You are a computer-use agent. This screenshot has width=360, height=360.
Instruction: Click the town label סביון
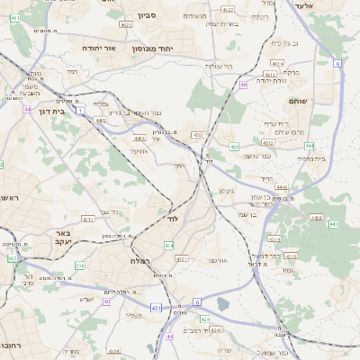(147, 15)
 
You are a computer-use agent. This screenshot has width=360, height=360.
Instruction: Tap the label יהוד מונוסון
(174, 47)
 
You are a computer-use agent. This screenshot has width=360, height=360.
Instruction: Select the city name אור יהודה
(102, 47)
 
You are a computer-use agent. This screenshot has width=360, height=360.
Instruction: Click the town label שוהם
(298, 102)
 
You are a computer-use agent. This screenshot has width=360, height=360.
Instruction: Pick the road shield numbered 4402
(102, 120)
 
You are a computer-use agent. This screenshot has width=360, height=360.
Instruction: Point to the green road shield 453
(234, 146)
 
